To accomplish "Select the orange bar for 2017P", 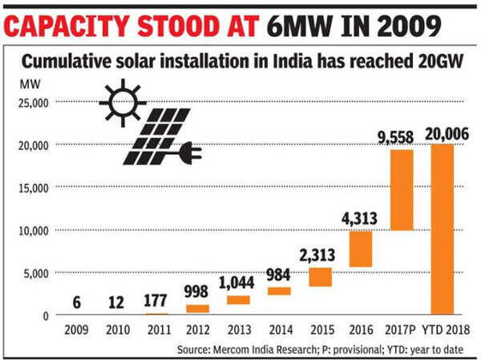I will [402, 190].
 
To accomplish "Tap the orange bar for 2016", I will [360, 249].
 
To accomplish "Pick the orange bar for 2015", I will [320, 277].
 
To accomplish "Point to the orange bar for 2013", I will [237, 300].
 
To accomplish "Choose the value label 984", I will [279, 274].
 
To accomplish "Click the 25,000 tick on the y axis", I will [33, 102].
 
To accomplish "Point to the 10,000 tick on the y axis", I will [33, 230].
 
